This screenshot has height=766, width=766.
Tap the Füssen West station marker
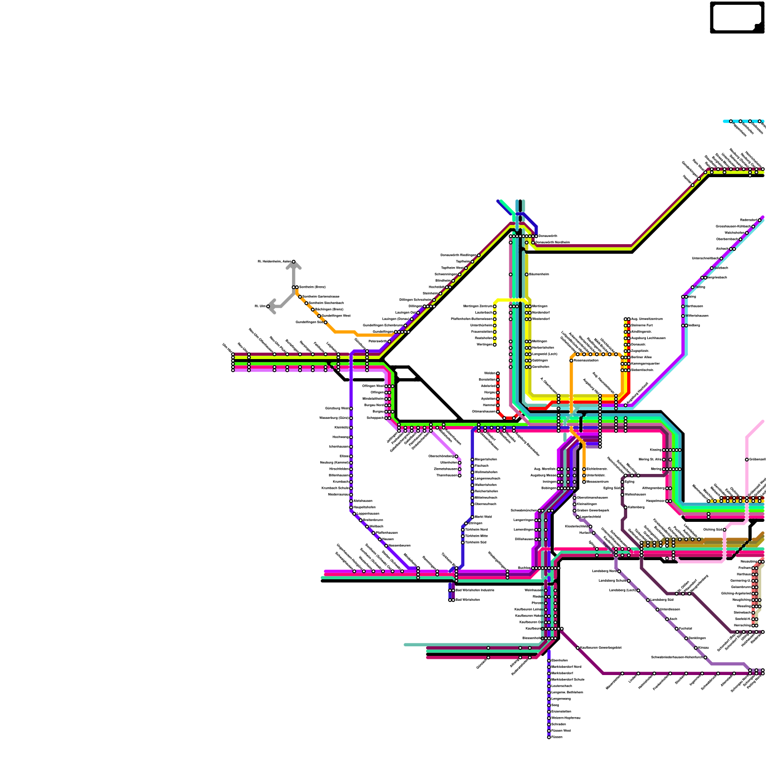tap(549, 731)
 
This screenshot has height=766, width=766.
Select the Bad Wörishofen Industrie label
tap(474, 590)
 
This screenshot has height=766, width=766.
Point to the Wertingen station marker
tap(495, 344)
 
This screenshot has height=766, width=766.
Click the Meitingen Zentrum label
tap(478, 306)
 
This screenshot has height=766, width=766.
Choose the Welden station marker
tap(498, 373)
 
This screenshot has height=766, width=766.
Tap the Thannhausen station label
tap(447, 475)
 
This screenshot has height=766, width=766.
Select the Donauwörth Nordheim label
tap(552, 242)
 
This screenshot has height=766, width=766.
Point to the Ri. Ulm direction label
tap(260, 306)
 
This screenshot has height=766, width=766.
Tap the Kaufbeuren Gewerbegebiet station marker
tap(578, 648)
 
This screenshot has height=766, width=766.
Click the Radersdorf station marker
tap(760, 220)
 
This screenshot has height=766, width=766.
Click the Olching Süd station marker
tap(725, 529)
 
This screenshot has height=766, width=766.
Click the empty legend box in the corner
tap(736, 17)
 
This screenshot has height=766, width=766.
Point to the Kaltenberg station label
tap(636, 507)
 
